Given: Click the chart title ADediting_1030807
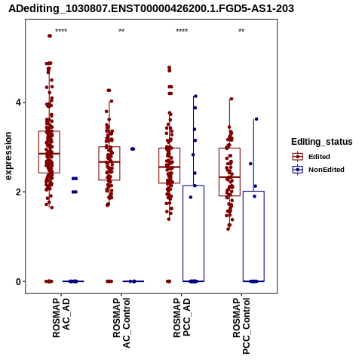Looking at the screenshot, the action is coord(151,8).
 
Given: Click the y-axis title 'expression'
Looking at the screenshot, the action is coord(8,156).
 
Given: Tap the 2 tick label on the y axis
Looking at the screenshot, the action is coord(18,192).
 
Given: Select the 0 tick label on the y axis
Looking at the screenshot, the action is coord(18,282).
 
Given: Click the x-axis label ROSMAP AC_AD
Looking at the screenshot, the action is coord(61,318).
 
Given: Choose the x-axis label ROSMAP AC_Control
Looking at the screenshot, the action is coord(121,323).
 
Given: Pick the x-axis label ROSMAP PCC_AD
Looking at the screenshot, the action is coord(182,318).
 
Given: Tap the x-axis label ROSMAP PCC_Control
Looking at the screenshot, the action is coord(241,326).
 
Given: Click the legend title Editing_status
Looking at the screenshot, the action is coord(322,142).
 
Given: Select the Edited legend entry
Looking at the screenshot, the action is coord(311,157).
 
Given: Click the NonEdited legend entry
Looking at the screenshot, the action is coord(318,170).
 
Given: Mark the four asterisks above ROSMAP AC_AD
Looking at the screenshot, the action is coord(61,31).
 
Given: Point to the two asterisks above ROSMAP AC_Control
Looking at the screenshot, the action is coord(121,31).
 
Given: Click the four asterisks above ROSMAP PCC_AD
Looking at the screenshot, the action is coord(182,31).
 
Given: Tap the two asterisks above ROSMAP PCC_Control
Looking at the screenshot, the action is coord(241,31).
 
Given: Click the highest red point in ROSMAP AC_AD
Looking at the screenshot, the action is coord(50,36).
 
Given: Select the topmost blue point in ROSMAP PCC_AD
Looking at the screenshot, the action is coord(195,97).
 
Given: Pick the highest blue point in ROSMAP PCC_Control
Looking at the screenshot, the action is coord(256,119).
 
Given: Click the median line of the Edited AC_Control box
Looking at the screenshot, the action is coord(109,162).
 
